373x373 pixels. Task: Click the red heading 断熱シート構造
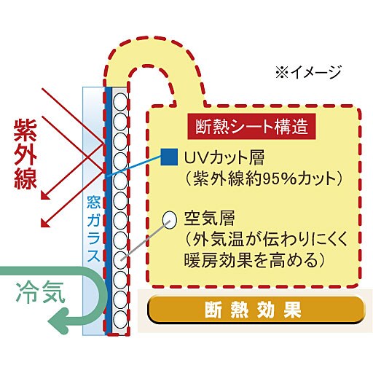[x=251, y=126]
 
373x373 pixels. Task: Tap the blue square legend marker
[x=169, y=157]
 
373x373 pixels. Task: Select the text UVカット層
[x=224, y=158]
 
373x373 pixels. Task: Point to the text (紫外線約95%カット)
[x=264, y=179]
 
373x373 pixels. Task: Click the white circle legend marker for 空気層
[x=169, y=219]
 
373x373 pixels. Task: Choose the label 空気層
[x=209, y=219]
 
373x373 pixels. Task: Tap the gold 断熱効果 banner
[x=256, y=310]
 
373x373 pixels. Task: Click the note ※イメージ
[x=308, y=72]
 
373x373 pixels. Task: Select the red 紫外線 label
[x=25, y=154]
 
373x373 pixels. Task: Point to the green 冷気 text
[x=41, y=292]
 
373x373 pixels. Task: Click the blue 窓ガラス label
[x=93, y=229]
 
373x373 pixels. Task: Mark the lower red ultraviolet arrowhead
[x=44, y=223]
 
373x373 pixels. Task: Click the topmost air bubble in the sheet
[x=120, y=101]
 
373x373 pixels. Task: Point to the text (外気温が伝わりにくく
[x=266, y=239]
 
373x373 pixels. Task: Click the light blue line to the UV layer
[x=134, y=166]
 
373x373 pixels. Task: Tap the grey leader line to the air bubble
[x=144, y=241]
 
